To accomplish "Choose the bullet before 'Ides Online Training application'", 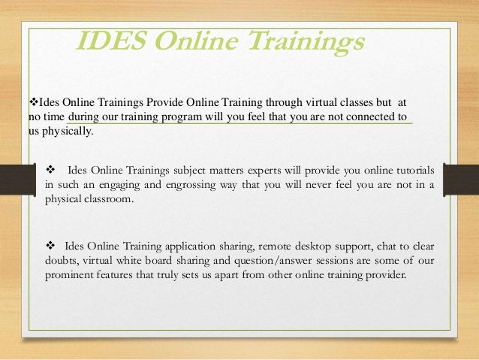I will [x=51, y=246].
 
